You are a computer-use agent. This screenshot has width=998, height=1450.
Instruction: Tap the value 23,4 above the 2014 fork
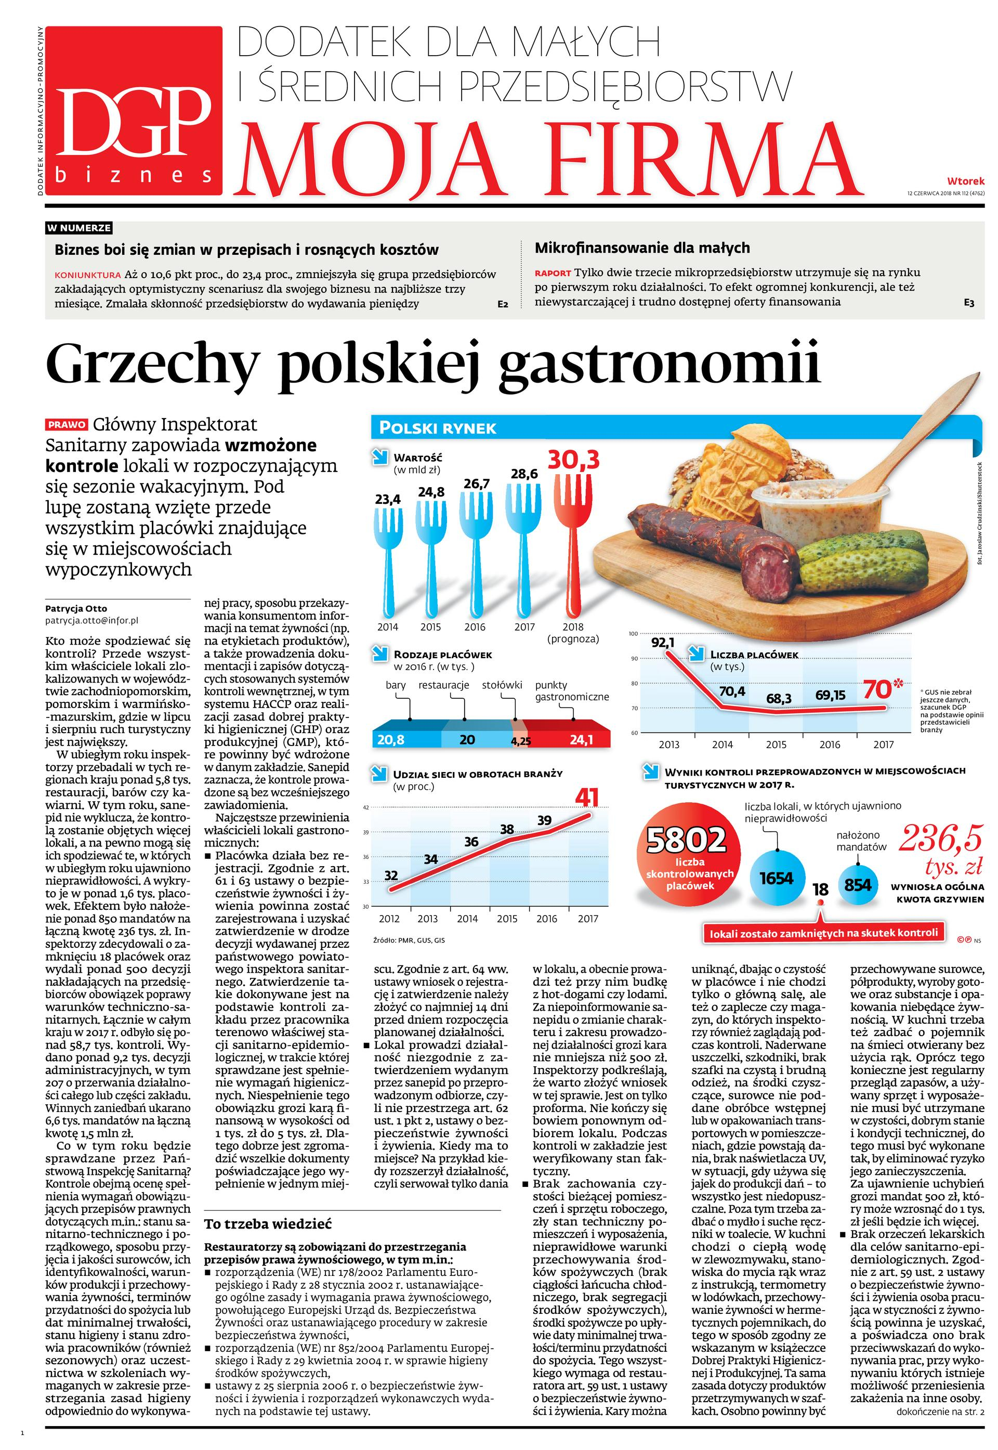(x=388, y=500)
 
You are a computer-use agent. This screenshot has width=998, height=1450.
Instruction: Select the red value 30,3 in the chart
(x=573, y=460)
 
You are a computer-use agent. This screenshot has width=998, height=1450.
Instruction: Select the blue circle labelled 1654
(x=776, y=879)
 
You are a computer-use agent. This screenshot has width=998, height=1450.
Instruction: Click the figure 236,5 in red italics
(x=940, y=840)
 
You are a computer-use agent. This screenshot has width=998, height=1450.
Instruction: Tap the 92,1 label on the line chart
(x=663, y=642)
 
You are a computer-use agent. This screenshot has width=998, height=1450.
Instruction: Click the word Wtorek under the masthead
(x=965, y=181)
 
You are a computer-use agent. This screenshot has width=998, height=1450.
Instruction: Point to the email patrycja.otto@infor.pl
(x=92, y=621)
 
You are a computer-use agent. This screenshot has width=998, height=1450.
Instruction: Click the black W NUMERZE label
(x=80, y=228)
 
